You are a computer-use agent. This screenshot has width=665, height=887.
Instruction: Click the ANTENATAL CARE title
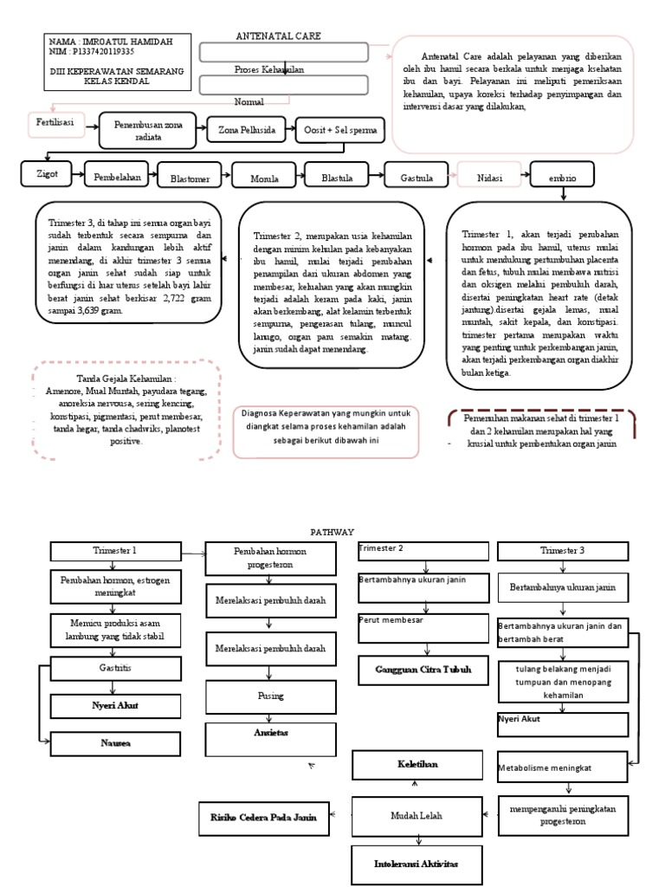pyautogui.click(x=278, y=36)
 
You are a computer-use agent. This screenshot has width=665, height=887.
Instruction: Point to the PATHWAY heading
pyautogui.click(x=332, y=532)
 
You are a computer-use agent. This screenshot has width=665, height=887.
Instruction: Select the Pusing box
pyautogui.click(x=267, y=696)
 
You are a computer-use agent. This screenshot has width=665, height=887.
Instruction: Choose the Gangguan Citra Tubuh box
pyautogui.click(x=417, y=670)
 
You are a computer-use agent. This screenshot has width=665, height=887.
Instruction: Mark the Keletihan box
pyautogui.click(x=417, y=765)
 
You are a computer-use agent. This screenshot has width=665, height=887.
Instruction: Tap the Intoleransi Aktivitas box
pyautogui.click(x=417, y=864)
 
